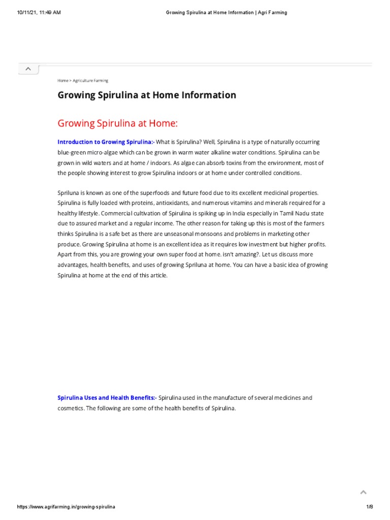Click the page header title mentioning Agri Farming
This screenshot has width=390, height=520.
pos(226,13)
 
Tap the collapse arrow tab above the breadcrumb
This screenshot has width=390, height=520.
pos(28,69)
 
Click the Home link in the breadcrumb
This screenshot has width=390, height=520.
pos(62,81)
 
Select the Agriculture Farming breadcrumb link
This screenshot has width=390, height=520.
pos(90,81)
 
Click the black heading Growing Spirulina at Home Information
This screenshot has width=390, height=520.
pos(147,95)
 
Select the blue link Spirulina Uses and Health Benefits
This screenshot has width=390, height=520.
pos(106,398)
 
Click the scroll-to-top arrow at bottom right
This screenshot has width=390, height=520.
pos(363,492)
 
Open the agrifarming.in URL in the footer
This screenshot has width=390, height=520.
pos(67,507)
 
